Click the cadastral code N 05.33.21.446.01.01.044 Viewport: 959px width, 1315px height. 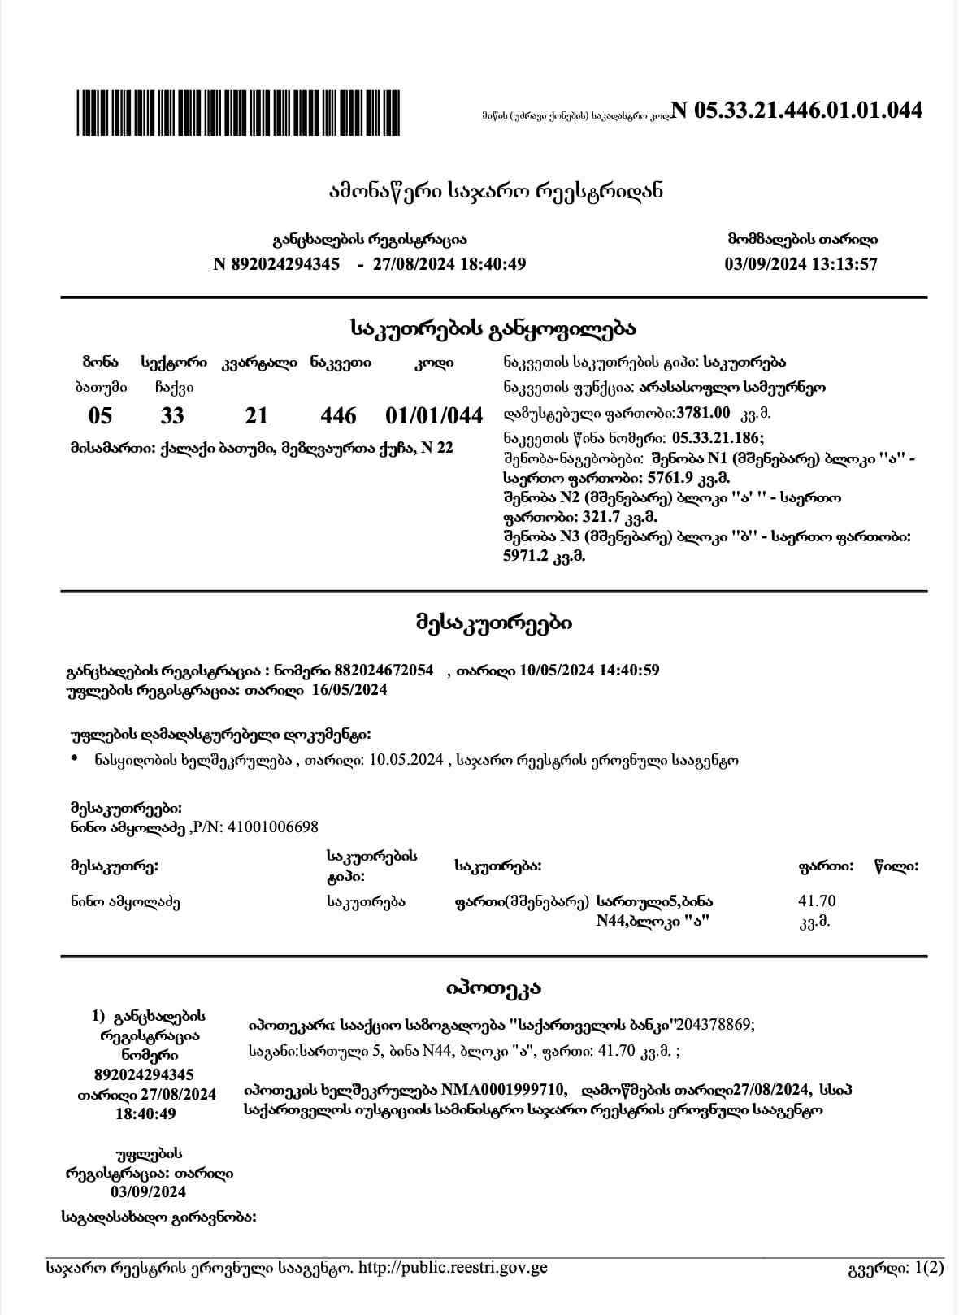click(x=797, y=111)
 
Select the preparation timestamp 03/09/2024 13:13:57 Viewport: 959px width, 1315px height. click(x=801, y=264)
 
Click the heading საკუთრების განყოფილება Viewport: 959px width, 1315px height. click(x=493, y=329)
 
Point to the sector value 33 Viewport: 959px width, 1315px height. click(x=172, y=416)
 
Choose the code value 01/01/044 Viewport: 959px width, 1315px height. click(x=434, y=416)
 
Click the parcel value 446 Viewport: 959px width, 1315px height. click(x=338, y=416)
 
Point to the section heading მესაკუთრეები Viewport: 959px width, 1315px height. click(x=493, y=623)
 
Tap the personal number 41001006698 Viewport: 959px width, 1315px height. click(x=273, y=827)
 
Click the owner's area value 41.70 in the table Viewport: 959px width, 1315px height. click(x=817, y=901)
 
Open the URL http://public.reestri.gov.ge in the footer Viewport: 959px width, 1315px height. click(x=453, y=1268)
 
